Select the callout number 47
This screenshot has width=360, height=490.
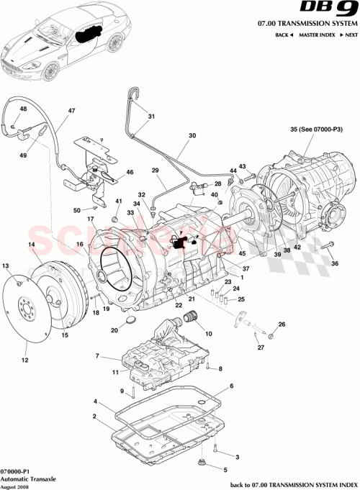pyautogui.click(x=71, y=111)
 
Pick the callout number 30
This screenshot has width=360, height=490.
pyautogui.click(x=192, y=135)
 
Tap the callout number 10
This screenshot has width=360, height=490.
pyautogui.click(x=210, y=334)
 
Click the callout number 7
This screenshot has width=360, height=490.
pyautogui.click(x=96, y=356)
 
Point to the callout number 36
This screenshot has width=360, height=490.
pyautogui.click(x=334, y=263)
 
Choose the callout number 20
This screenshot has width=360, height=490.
pyautogui.click(x=114, y=330)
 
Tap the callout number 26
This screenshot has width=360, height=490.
pyautogui.click(x=282, y=325)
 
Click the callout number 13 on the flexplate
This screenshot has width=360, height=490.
pyautogui.click(x=6, y=266)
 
